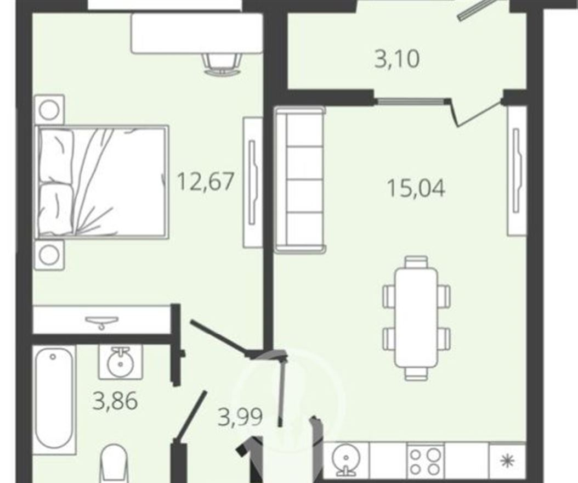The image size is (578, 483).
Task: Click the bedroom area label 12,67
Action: [206, 182]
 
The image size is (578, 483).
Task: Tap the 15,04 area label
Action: [416, 188]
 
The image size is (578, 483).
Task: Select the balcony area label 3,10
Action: [397, 59]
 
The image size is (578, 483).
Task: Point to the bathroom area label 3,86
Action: [115, 401]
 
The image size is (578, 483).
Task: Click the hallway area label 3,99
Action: [240, 417]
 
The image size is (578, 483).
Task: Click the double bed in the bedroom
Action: [102, 182]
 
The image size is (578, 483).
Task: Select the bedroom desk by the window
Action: [197, 33]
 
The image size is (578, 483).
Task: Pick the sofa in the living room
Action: [300, 179]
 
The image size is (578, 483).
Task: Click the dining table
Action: [417, 317]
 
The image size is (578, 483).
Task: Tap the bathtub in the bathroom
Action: [55, 399]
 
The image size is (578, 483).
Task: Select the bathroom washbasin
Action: [120, 362]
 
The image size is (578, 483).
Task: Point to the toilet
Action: [114, 464]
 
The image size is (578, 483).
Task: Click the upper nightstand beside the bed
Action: [49, 110]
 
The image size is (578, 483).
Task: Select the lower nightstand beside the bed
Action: [49, 255]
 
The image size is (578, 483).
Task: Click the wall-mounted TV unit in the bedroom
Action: [252, 183]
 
